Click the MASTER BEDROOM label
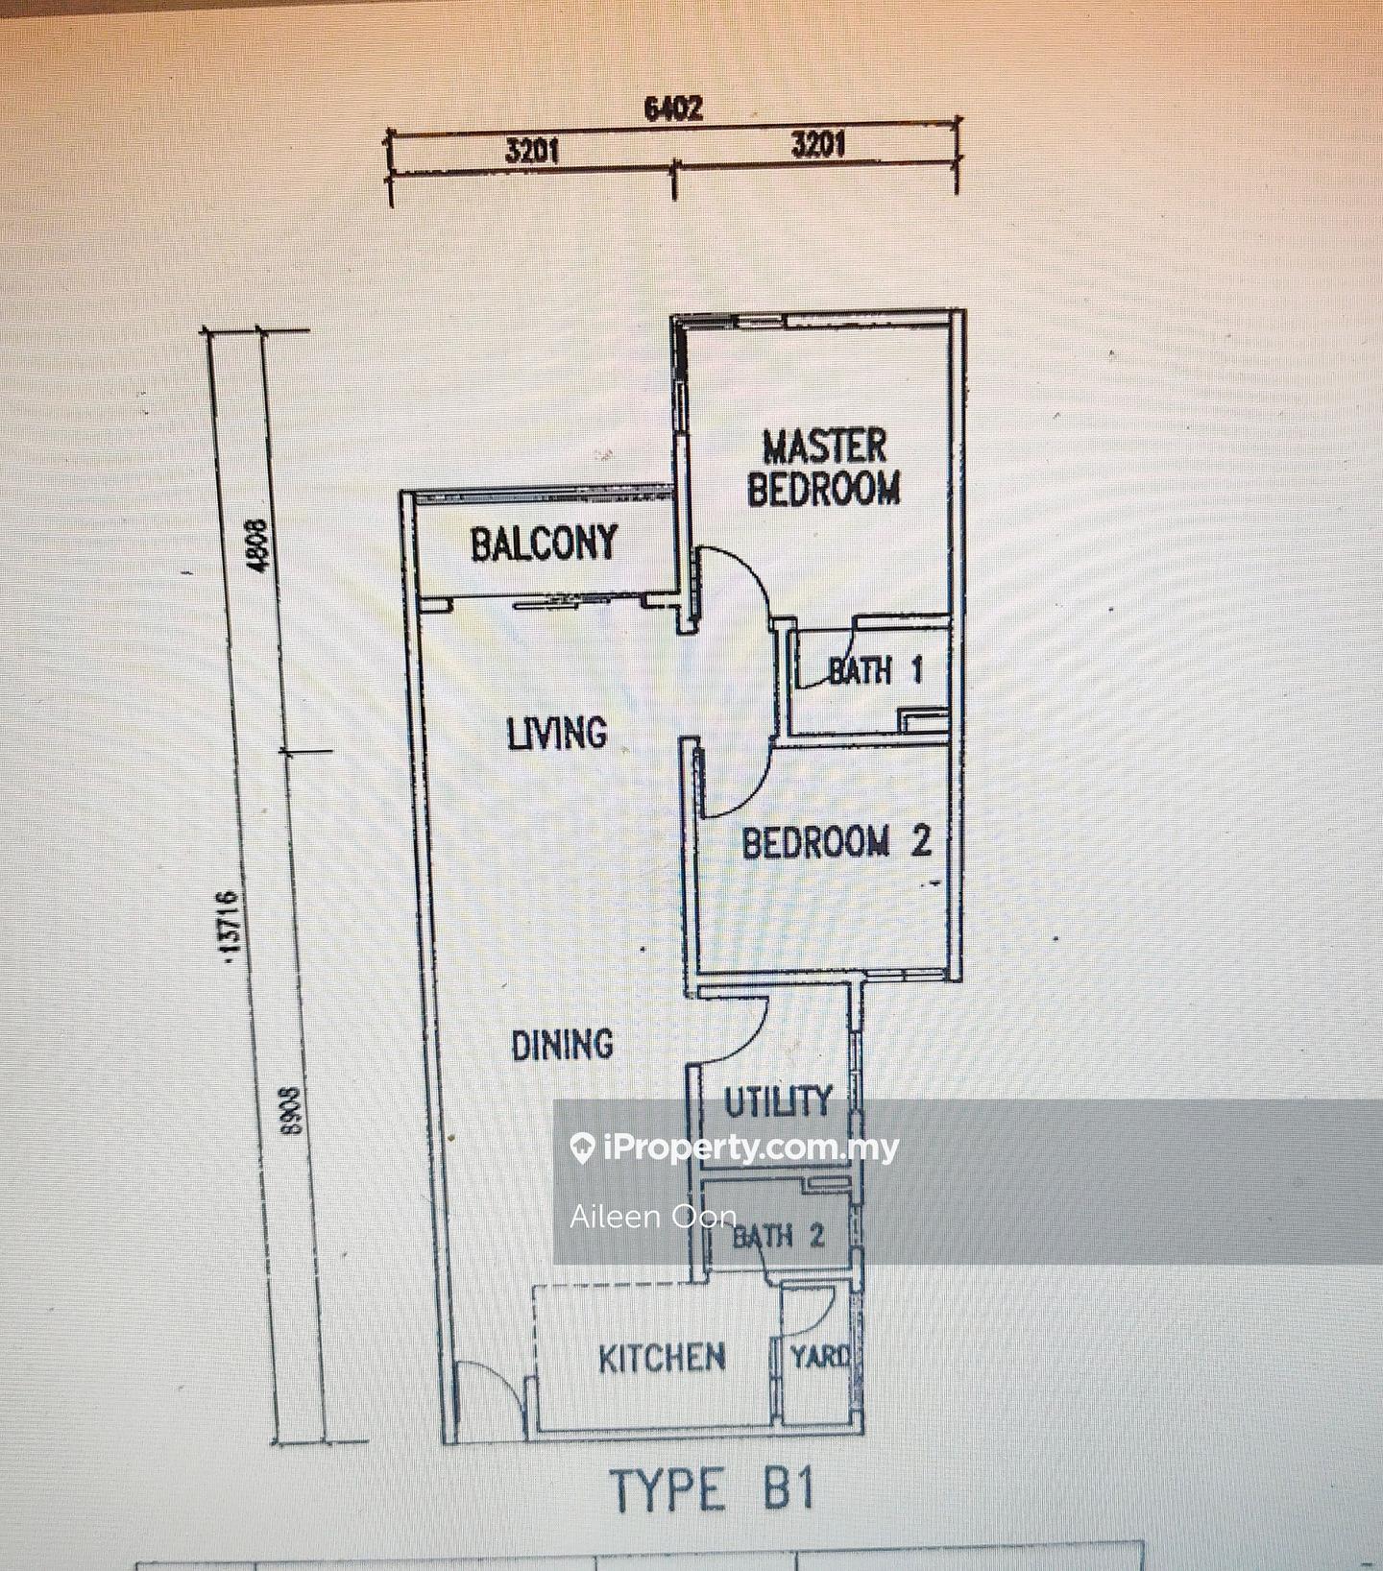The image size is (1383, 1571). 824,468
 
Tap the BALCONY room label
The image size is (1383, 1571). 544,544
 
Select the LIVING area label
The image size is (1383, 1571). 557,734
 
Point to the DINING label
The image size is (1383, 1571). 562,1045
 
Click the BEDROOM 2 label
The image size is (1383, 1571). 837,842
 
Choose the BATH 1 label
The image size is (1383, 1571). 875,669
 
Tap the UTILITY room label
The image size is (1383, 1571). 778,1101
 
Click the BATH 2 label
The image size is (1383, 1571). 779,1235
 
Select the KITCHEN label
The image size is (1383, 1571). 662,1358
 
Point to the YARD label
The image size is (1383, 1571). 820,1356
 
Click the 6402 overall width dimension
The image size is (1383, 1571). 673,109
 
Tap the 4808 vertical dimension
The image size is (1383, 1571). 257,545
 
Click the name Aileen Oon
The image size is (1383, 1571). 653,1218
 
